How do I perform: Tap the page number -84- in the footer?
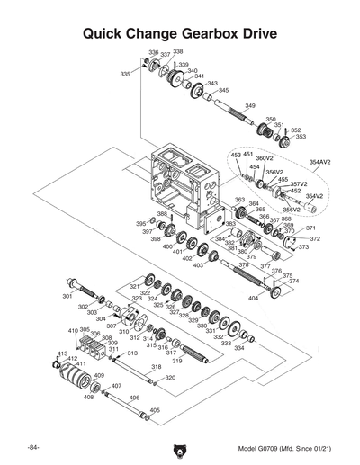(x=32, y=447)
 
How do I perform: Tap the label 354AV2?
(x=319, y=162)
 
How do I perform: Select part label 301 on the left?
(x=67, y=295)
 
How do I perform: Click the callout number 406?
(x=134, y=397)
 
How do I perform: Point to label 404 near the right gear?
(x=254, y=297)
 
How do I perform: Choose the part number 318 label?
(x=156, y=367)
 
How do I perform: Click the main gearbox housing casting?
(x=175, y=184)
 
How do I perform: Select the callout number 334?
(x=239, y=348)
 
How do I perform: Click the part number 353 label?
(x=300, y=137)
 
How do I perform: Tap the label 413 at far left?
(x=62, y=353)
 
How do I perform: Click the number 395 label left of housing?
(x=140, y=223)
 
